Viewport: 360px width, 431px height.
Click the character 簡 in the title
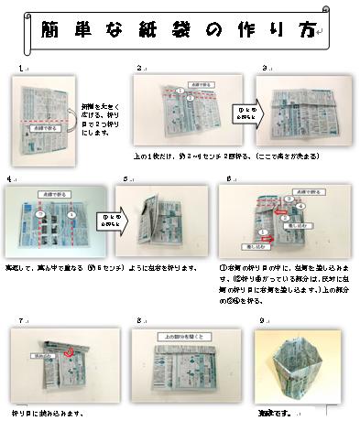52,29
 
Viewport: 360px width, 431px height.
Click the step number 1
20,69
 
